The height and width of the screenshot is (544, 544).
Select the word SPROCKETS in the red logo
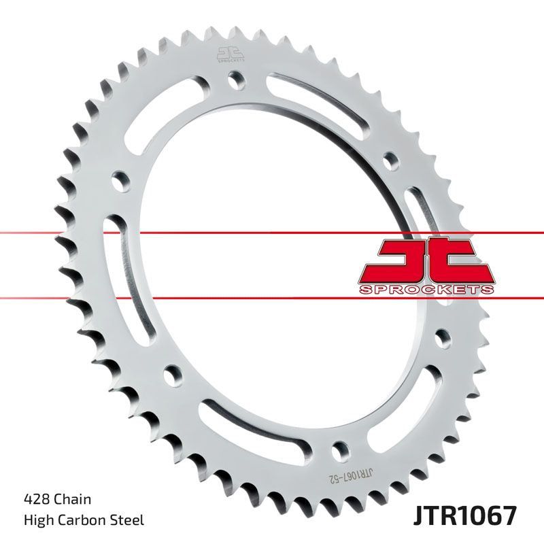click(426, 289)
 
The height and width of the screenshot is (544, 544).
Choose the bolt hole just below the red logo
click(441, 337)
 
